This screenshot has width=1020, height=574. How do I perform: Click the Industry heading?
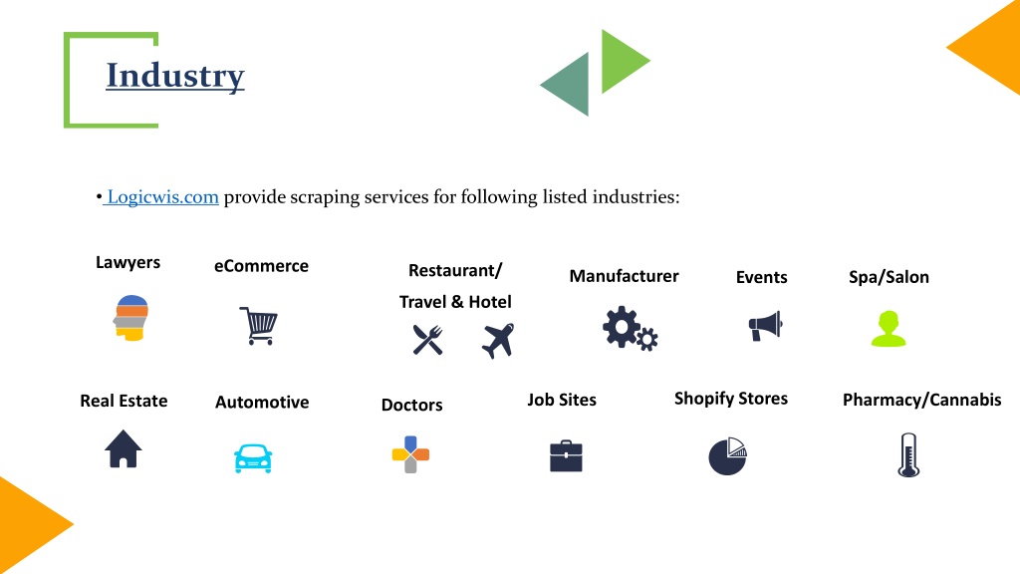[x=175, y=76]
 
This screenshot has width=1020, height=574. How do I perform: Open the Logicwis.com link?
[x=162, y=196]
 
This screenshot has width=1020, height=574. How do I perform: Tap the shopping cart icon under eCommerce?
[x=259, y=326]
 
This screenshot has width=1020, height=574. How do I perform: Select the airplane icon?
[x=498, y=341]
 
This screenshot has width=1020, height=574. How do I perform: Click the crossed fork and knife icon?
[x=427, y=340]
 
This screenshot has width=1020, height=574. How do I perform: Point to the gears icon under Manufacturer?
[x=630, y=329]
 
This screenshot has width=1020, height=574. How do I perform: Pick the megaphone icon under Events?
[x=765, y=326]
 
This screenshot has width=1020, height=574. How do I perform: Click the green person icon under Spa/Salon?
[x=889, y=329]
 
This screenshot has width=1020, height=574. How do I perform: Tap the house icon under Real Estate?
[x=123, y=448]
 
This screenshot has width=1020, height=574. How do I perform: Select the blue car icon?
[x=253, y=458]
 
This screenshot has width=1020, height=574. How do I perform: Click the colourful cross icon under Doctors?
[x=410, y=454]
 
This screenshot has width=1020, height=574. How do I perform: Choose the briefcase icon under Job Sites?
[x=566, y=455]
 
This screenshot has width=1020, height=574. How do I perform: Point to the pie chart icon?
[x=727, y=455]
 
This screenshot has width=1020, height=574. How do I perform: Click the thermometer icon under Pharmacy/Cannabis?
[x=908, y=454]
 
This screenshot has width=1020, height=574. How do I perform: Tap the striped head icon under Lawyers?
[x=130, y=318]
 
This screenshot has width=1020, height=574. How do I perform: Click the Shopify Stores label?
[x=730, y=399]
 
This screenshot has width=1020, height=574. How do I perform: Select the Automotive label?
[x=262, y=403]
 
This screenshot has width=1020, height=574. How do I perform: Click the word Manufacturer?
[x=624, y=276]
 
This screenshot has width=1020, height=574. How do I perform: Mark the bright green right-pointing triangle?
[x=622, y=61]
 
